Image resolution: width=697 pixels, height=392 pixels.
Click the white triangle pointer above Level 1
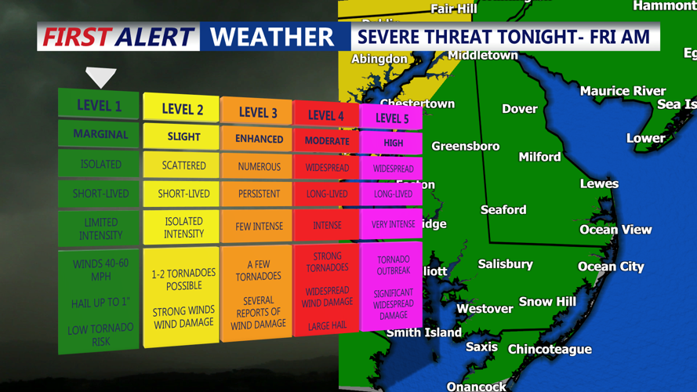click(x=101, y=77)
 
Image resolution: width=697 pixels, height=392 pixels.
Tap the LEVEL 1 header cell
click(x=99, y=105)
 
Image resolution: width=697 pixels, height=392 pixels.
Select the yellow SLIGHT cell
click(x=183, y=136)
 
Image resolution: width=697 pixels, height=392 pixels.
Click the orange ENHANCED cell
click(x=259, y=139)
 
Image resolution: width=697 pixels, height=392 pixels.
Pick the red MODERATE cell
click(x=327, y=141)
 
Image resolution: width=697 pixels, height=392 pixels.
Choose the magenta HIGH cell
click(x=393, y=143)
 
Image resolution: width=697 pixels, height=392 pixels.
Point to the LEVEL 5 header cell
click(x=392, y=118)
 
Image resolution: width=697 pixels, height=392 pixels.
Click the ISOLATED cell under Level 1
click(x=100, y=164)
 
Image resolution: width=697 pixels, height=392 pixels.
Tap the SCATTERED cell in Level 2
click(x=183, y=165)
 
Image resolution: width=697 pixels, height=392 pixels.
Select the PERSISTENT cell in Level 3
click(x=259, y=193)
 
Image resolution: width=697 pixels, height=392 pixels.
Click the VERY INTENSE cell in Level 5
click(x=393, y=224)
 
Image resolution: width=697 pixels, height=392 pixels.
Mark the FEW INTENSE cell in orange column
click(x=259, y=227)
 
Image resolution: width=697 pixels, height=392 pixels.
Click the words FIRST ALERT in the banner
click(x=118, y=37)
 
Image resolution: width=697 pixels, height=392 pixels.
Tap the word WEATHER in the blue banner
click(x=271, y=37)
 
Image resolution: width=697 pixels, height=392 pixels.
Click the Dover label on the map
click(x=519, y=109)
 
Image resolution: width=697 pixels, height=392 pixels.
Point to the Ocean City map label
click(x=611, y=267)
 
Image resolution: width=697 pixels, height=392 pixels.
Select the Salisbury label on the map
click(x=506, y=264)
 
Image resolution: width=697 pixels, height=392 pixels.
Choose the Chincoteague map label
click(x=550, y=349)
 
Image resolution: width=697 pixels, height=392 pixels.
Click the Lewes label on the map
click(x=599, y=183)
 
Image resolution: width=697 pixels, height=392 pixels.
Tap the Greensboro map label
click(x=465, y=146)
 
